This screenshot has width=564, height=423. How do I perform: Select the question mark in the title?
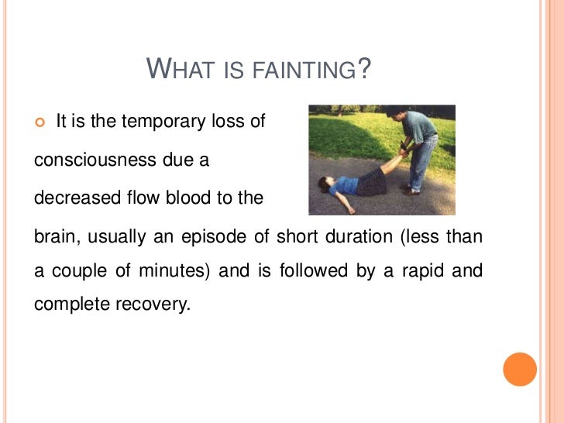[365, 70]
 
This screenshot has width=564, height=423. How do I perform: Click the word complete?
[68, 304]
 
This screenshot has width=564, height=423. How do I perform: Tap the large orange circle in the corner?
[520, 368]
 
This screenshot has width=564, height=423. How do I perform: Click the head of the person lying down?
[324, 184]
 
